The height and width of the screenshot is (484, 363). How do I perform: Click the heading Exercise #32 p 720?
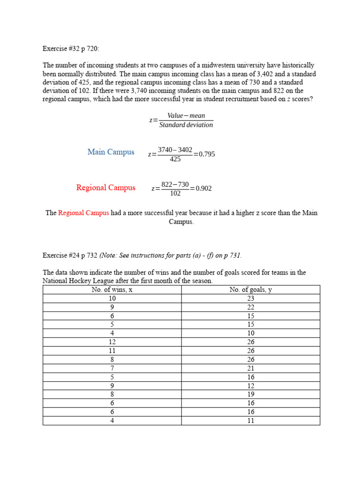pos(71,48)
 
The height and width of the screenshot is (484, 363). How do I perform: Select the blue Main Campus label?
pos(111,152)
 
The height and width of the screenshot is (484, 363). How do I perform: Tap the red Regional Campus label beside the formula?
pos(106,188)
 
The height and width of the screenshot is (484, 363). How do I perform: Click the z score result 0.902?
pos(204,189)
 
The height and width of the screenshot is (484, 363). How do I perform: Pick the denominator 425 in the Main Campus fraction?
pos(175,159)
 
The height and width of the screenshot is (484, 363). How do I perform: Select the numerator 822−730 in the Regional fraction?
pos(175,184)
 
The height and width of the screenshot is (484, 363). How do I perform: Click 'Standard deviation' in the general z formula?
pos(186,125)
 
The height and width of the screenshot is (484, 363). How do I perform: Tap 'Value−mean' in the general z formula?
pos(186,116)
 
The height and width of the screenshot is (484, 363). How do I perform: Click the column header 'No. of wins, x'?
pos(112,290)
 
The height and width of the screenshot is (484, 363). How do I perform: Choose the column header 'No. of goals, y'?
pos(251,290)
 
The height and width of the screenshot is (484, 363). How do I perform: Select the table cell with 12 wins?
pos(112,342)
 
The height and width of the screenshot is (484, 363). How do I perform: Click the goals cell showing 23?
pos(251,298)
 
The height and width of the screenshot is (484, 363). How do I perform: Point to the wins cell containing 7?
pos(112,368)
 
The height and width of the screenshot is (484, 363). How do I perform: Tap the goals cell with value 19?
pos(251,394)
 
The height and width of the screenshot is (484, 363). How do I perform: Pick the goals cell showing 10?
pos(251,333)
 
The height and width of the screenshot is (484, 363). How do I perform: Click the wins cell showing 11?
pos(112,351)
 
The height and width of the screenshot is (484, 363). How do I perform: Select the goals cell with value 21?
pos(251,368)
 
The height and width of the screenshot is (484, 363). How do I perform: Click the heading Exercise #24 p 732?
pos(70,255)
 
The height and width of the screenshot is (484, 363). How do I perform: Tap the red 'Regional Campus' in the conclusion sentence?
pos(83,213)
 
